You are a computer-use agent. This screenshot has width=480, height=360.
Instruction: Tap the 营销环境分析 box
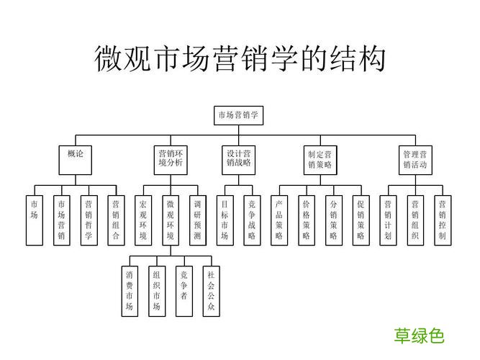(171, 158)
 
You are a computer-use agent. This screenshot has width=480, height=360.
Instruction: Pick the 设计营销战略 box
(238, 158)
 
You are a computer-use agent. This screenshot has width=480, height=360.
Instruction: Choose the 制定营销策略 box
(320, 158)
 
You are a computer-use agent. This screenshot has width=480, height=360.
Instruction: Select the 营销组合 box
(115, 220)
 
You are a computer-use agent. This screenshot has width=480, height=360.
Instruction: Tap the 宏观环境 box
(143, 220)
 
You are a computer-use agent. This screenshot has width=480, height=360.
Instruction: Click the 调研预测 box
(198, 220)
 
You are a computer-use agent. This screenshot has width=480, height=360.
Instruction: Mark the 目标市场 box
(225, 220)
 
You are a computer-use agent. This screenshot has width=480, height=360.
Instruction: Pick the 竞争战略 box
(252, 220)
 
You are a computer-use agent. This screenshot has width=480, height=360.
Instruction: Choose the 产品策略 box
(279, 220)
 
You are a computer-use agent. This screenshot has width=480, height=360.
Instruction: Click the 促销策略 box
(361, 220)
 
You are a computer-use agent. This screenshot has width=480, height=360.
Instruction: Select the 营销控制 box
(443, 220)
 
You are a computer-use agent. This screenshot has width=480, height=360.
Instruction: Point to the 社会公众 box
(211, 291)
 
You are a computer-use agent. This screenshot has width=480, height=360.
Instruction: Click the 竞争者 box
(184, 291)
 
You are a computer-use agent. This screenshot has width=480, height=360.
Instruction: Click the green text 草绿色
(419, 336)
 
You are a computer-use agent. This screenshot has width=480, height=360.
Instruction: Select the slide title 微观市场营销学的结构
(240, 59)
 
